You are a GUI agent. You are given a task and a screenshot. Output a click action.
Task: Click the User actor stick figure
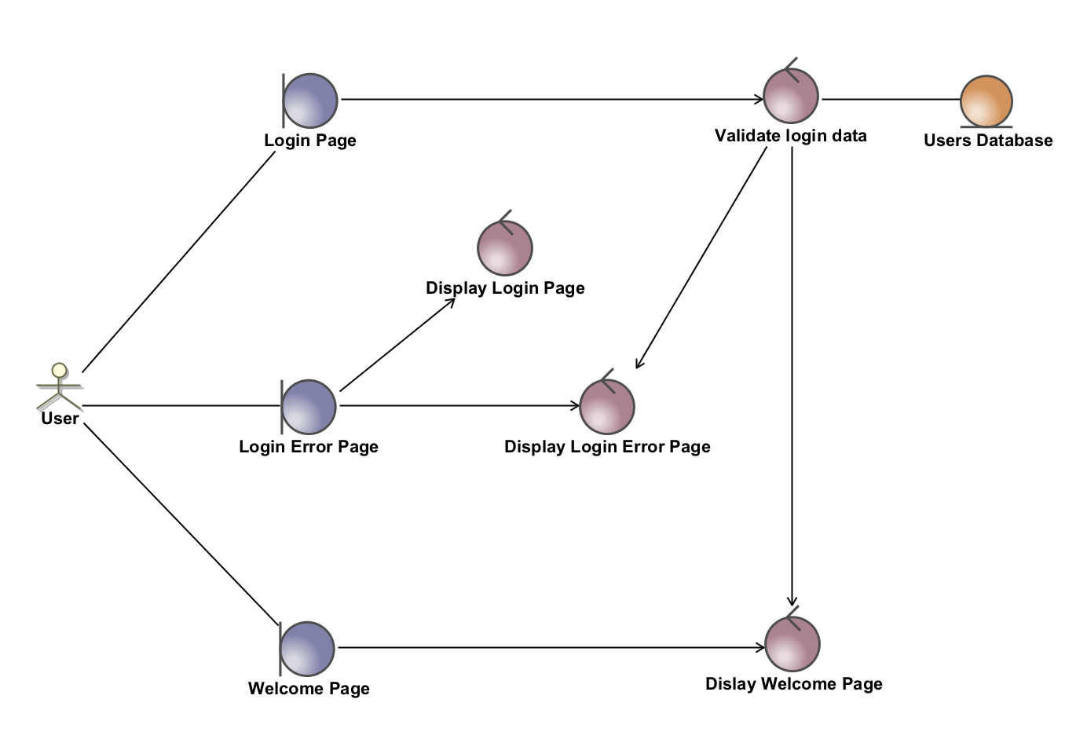59,386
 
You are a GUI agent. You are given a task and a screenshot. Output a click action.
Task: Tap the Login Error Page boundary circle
308,407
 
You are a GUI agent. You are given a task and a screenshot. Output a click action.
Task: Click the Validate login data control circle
791,96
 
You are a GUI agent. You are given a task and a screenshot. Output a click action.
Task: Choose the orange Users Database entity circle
986,101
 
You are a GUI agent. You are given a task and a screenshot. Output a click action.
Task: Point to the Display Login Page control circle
505,247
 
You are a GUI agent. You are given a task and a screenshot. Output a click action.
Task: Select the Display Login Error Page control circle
606,406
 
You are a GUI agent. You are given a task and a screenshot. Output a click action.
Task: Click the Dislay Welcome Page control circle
792,644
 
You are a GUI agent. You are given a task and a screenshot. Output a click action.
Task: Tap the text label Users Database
988,141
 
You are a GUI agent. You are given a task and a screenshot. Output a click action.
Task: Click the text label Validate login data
790,136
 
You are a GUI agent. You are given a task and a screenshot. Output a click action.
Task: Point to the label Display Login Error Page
607,447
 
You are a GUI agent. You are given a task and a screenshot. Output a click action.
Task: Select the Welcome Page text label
309,689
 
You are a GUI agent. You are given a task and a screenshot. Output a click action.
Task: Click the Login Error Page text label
308,447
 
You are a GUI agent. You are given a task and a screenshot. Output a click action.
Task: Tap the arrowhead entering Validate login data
759,98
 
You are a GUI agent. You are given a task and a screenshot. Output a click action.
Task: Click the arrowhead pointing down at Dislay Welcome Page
792,600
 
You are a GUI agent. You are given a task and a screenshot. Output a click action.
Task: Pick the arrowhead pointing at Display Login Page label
451,301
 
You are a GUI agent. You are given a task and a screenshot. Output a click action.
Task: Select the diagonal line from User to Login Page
179,261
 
